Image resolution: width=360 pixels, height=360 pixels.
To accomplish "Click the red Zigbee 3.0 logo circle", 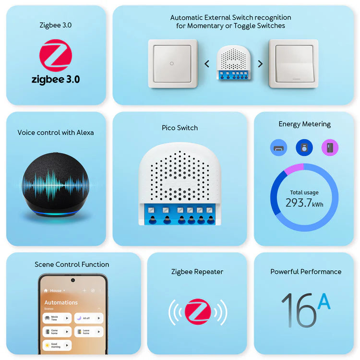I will (56, 56).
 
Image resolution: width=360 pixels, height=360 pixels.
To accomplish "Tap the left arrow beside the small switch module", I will (207, 63).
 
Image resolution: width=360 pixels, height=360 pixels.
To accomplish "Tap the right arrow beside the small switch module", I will (260, 63).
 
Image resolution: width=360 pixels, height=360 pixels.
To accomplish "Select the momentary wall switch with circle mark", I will (172, 63).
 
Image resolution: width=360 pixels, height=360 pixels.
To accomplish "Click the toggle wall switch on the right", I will (293, 63).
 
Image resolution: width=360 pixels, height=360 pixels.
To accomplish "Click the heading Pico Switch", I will (180, 128).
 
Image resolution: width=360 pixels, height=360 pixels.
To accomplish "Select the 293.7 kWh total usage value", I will (304, 203).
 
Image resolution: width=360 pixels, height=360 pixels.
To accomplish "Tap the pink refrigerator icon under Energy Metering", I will (330, 147).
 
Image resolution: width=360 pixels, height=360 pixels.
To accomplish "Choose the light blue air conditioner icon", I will (279, 147).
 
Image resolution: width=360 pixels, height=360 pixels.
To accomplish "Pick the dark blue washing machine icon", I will (304, 147).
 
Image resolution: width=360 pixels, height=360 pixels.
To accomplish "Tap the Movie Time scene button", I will (57, 318).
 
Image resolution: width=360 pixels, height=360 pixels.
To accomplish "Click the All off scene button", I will (89, 318).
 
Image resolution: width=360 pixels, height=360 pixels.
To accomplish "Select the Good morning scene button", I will (57, 345).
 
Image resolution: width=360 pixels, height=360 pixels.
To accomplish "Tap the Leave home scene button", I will (89, 332).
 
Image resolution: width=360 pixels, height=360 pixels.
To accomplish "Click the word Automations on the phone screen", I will (61, 302).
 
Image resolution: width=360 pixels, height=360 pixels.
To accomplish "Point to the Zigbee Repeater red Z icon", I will (197, 312).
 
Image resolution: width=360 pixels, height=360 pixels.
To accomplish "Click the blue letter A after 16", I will (324, 301).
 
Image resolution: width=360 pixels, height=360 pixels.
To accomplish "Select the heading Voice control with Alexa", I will (56, 132).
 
